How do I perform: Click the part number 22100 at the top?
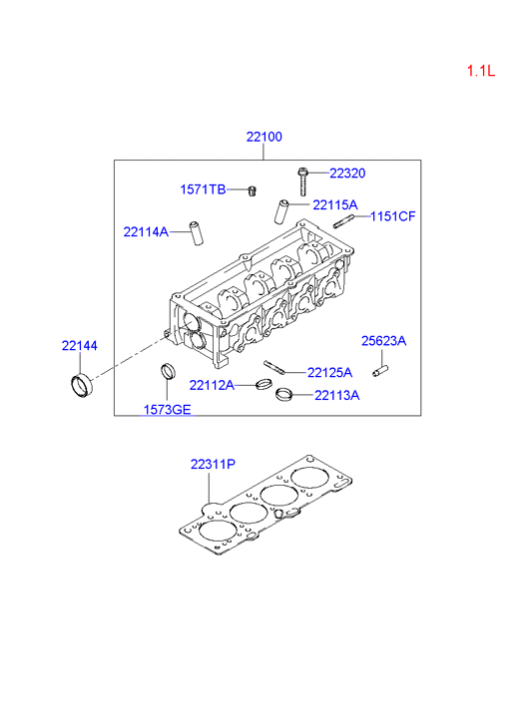pyautogui.click(x=264, y=137)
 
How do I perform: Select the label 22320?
pyautogui.click(x=347, y=174)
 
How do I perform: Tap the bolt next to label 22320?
pyautogui.click(x=302, y=181)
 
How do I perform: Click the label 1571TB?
pyautogui.click(x=203, y=189)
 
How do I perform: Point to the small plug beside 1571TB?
pyautogui.click(x=253, y=190)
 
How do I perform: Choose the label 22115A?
pyautogui.click(x=335, y=204)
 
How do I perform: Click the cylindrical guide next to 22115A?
pyautogui.click(x=281, y=211)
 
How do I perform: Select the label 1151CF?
pyautogui.click(x=392, y=216)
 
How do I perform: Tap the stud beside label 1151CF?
pyautogui.click(x=343, y=221)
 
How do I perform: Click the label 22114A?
pyautogui.click(x=146, y=231)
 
